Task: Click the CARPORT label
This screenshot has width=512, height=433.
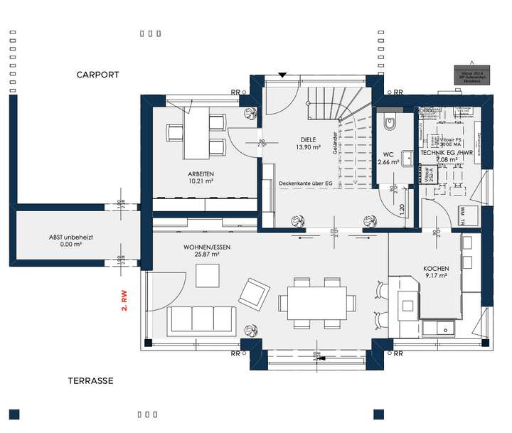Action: [x=98, y=75]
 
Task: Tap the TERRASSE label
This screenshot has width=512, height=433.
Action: [x=90, y=381]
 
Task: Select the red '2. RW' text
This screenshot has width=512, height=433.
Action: [x=124, y=299]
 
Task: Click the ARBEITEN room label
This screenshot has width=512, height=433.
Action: [x=201, y=174]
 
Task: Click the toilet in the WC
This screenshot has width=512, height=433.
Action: [x=389, y=124]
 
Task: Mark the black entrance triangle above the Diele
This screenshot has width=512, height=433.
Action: [x=282, y=74]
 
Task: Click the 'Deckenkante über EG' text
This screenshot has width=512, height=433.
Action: [x=306, y=183]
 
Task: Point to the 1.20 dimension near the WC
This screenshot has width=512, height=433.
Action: [x=402, y=210]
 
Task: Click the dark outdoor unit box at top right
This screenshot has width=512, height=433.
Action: [x=468, y=76]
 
